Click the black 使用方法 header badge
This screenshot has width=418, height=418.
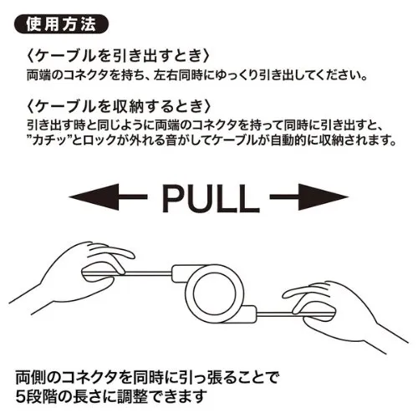pyautogui.click(x=61, y=24)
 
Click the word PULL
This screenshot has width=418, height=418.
pyautogui.click(x=211, y=198)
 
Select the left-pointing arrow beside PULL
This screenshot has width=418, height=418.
pyautogui.click(x=108, y=197)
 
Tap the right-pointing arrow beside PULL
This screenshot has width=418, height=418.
pyautogui.click(x=309, y=197)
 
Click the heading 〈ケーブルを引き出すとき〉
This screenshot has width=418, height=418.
pyautogui.click(x=117, y=56)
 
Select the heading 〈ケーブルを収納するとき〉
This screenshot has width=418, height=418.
pyautogui.click(x=117, y=106)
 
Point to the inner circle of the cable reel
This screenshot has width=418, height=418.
pyautogui.click(x=214, y=294)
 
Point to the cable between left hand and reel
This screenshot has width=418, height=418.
pyautogui.click(x=148, y=273)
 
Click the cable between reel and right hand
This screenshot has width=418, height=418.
pyautogui.click(x=278, y=314)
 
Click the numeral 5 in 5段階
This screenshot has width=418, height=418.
pyautogui.click(x=20, y=396)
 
